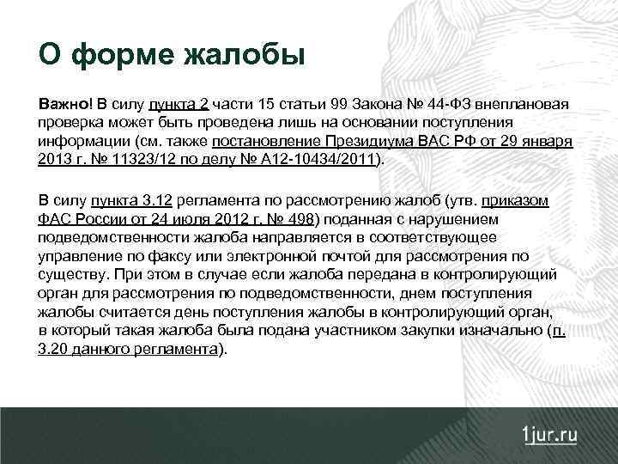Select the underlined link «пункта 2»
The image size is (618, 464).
tap(179, 106)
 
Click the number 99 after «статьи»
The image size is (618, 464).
tap(338, 106)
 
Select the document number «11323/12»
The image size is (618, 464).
tap(129, 159)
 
